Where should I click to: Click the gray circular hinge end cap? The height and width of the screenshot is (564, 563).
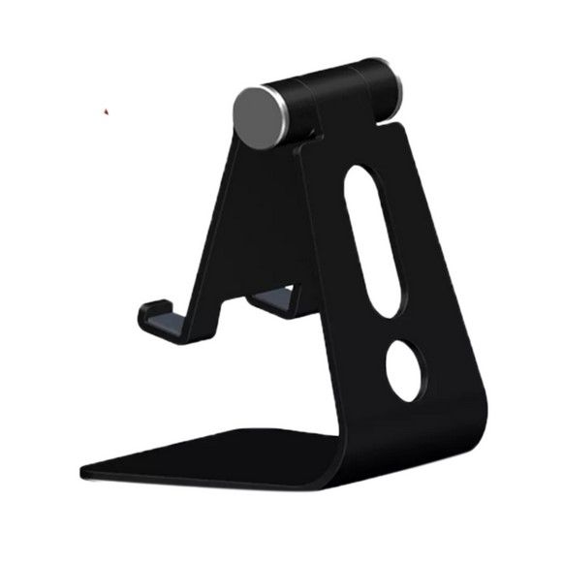257,118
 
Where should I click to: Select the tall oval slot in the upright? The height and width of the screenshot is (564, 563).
373,239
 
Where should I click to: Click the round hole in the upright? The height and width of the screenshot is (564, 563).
404,368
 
